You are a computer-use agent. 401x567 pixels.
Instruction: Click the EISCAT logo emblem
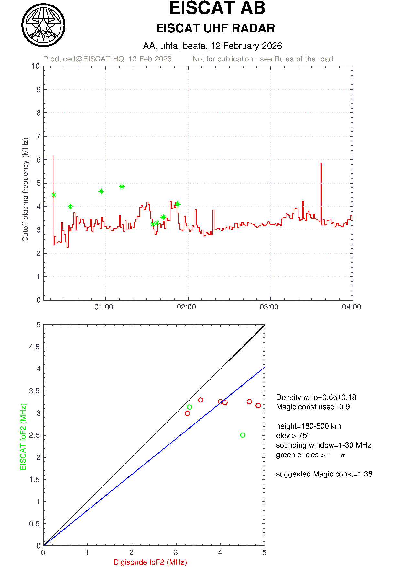43,25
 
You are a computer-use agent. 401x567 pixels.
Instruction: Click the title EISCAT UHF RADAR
215,28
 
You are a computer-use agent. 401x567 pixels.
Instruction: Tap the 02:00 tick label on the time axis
186,307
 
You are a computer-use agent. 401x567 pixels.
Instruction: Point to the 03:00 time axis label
269,307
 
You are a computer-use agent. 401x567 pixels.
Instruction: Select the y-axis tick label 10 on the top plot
36,66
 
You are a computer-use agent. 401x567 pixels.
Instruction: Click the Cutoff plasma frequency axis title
25,190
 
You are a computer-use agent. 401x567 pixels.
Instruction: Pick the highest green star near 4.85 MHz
122,187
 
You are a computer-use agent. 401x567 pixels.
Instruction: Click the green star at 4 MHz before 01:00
70,207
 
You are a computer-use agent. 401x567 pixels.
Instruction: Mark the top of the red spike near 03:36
321,163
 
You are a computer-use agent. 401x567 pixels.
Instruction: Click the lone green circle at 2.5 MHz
243,435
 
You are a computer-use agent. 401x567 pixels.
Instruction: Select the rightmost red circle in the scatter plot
258,405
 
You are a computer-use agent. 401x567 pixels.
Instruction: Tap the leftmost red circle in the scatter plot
187,413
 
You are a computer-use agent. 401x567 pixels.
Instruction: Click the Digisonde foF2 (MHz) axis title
150,562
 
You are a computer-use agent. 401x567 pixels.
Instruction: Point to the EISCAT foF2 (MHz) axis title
23,437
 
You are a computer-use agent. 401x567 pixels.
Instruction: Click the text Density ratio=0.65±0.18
316,397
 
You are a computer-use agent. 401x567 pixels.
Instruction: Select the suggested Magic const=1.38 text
324,474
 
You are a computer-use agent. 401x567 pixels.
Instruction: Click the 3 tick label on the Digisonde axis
176,553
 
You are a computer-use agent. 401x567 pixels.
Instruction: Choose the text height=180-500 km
308,426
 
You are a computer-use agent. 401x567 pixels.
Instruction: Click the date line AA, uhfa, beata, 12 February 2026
212,46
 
